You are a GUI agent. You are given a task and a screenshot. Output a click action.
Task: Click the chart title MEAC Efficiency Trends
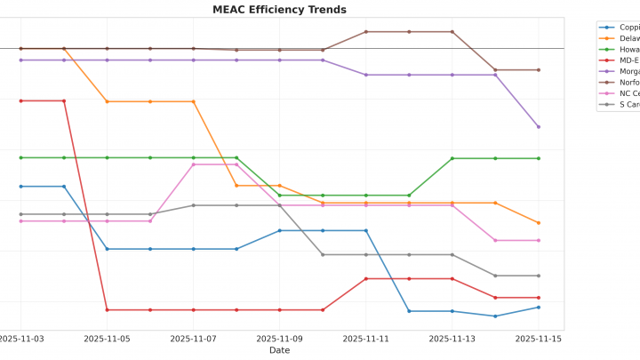(x=279, y=10)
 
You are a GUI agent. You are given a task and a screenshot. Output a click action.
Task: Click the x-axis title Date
(x=279, y=350)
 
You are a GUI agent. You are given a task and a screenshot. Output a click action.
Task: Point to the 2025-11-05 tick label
(x=107, y=339)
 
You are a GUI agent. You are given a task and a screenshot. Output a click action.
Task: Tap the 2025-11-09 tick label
(x=279, y=339)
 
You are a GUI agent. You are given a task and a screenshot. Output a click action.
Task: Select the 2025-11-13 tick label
(x=452, y=339)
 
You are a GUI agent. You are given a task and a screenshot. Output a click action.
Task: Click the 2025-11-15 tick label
(x=538, y=339)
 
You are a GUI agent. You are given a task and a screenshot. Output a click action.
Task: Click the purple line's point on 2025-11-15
(x=538, y=127)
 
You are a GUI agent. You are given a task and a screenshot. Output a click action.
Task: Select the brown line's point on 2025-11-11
(x=365, y=32)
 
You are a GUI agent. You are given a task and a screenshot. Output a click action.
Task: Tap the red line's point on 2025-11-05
(x=107, y=310)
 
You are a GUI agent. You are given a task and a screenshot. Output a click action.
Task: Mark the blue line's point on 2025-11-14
(x=495, y=316)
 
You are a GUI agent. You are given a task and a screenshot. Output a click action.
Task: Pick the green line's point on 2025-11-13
(x=452, y=158)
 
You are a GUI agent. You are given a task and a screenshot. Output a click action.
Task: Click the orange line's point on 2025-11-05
(x=107, y=101)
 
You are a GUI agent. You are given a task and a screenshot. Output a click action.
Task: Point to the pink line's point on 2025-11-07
(x=193, y=164)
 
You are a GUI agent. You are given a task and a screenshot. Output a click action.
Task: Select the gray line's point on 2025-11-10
(x=323, y=255)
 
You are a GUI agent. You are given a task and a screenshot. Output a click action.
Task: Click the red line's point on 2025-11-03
(x=20, y=100)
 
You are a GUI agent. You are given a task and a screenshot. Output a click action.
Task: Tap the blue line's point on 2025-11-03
(x=20, y=187)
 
